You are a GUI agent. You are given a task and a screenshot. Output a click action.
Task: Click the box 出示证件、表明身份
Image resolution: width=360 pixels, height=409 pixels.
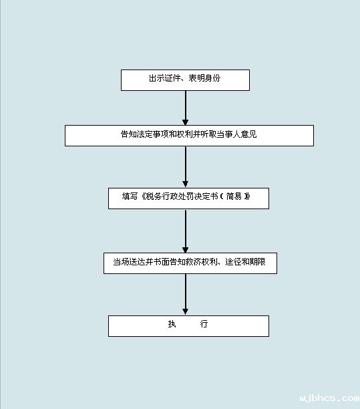[185, 80]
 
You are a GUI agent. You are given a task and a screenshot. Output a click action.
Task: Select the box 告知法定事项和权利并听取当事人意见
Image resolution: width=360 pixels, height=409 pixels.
[189, 136]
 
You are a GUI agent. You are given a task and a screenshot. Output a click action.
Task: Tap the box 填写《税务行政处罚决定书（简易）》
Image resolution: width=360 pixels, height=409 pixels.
[188, 198]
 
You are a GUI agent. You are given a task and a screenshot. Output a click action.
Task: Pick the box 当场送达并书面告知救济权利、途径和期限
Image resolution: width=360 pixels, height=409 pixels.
[190, 263]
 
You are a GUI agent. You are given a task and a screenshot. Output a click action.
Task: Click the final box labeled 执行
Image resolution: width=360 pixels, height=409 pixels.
[188, 326]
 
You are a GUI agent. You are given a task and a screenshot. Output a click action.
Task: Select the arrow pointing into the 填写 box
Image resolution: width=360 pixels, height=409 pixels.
[186, 167]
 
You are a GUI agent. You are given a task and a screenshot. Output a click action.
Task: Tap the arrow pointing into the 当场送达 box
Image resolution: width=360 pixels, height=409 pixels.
[186, 231]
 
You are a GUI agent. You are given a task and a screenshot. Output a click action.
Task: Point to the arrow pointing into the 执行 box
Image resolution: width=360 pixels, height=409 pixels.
[186, 294]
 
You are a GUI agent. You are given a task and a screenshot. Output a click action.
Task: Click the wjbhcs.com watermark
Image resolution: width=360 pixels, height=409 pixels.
[329, 399]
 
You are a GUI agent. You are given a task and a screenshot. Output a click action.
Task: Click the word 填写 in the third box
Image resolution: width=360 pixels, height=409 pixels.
[130, 196]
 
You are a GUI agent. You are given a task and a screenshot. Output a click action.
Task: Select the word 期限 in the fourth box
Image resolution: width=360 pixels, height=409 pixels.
[258, 262]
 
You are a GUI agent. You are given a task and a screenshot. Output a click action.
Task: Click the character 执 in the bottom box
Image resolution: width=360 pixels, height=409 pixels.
[172, 325]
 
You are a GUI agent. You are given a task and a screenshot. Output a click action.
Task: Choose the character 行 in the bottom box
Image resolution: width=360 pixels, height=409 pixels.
[204, 325]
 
